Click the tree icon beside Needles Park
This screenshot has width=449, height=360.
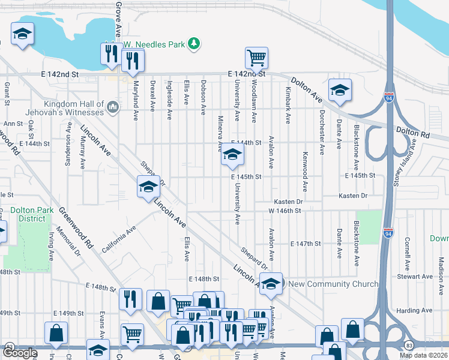click(x=193, y=43)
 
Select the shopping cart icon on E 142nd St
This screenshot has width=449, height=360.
click(x=256, y=58)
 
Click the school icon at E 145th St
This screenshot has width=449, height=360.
click(x=232, y=157)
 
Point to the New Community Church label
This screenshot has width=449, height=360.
click(x=334, y=284)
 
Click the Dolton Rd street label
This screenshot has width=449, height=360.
click(x=413, y=131)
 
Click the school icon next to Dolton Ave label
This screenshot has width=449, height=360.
click(x=340, y=91)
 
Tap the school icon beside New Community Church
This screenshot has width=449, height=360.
click(x=271, y=284)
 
